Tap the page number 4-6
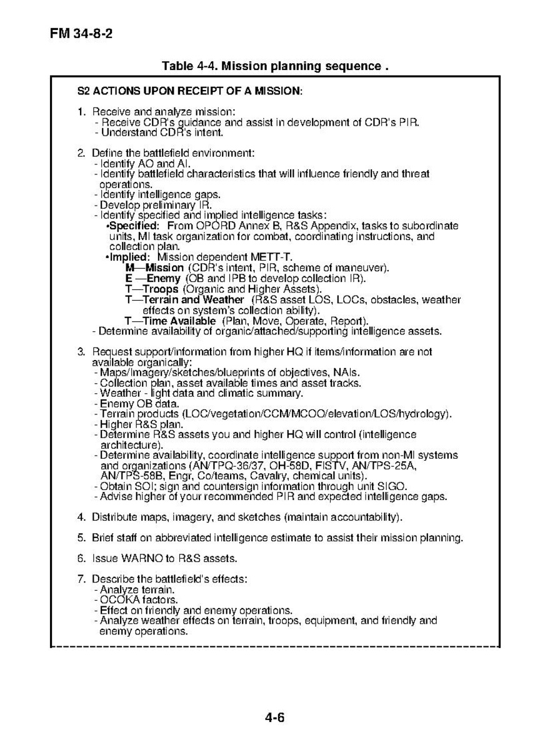click(274, 717)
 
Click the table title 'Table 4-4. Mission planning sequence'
click(275, 66)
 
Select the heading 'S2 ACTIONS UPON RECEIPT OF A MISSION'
click(189, 91)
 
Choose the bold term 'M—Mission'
click(154, 268)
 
